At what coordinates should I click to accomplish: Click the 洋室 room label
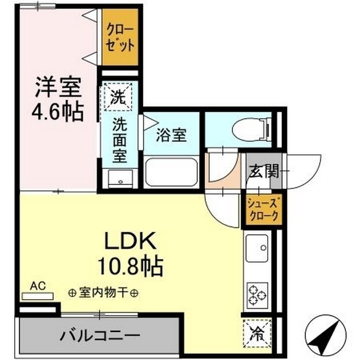[59, 88]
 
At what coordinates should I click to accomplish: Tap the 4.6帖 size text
[59, 111]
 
